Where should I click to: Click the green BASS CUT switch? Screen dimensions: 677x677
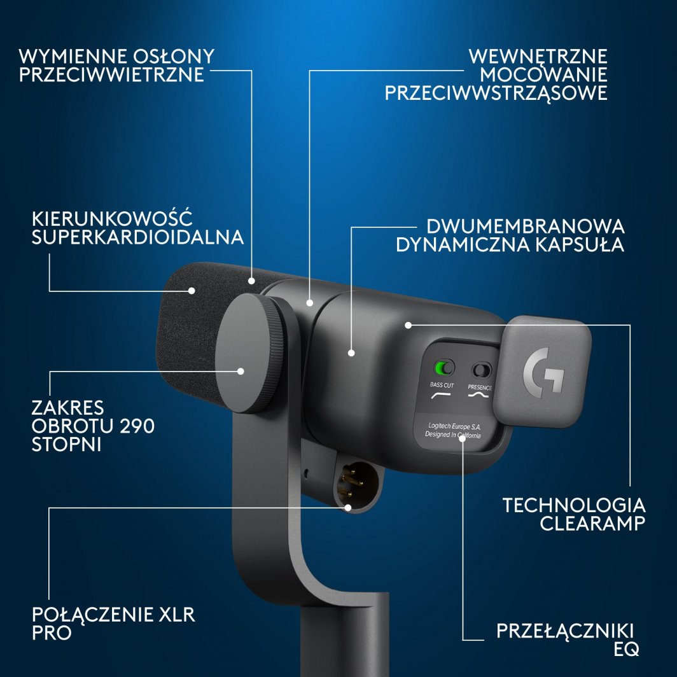(443, 368)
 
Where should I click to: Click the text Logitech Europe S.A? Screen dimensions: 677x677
(453, 424)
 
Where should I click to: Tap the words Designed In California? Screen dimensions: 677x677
(453, 435)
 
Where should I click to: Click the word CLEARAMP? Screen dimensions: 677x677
(593, 524)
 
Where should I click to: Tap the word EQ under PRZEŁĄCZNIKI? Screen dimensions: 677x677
(626, 650)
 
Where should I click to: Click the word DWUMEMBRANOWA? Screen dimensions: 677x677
(526, 227)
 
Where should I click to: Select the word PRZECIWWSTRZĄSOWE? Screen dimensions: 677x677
(496, 93)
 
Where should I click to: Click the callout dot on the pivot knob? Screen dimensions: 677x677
(241, 370)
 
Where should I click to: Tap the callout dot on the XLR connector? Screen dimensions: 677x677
(349, 507)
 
